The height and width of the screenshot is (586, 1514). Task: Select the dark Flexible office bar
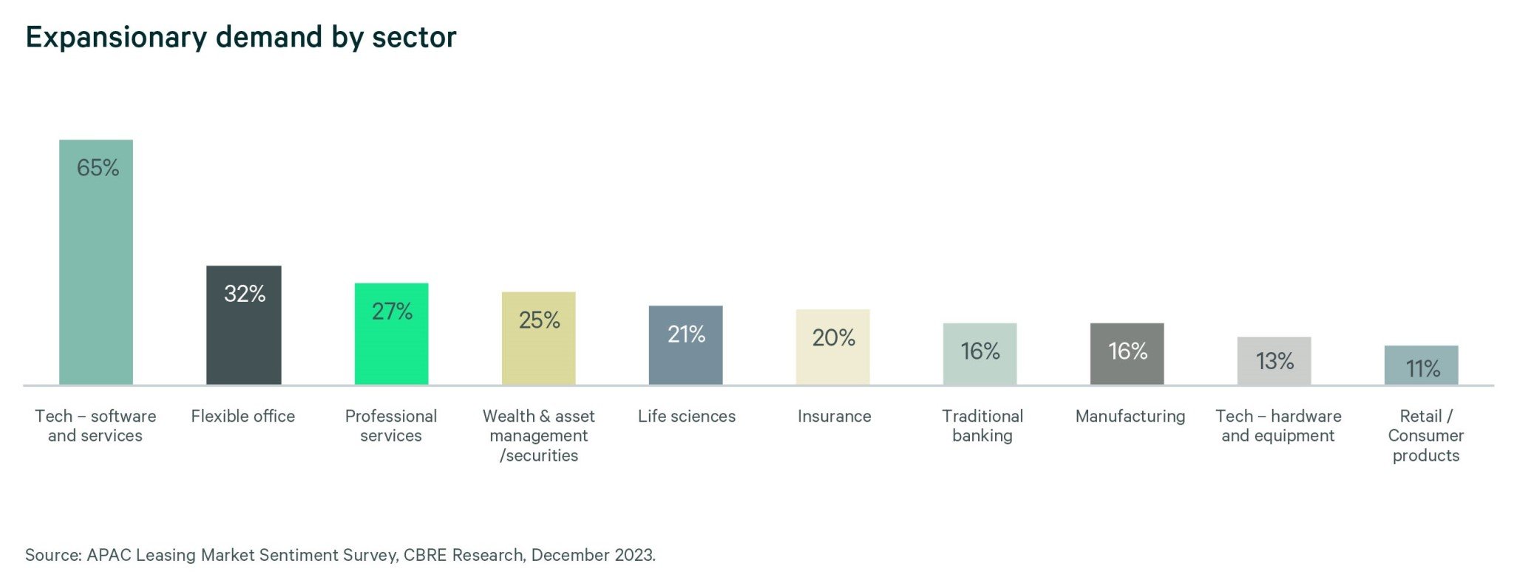(243, 333)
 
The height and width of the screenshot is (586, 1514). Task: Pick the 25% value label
(539, 320)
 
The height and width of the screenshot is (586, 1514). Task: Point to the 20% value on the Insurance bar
(833, 338)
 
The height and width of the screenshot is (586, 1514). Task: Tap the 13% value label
(1274, 361)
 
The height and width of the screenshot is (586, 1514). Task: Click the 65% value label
(98, 168)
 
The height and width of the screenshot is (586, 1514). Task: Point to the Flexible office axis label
(242, 417)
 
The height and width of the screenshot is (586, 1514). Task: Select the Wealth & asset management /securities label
(539, 436)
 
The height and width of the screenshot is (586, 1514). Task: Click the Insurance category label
(834, 417)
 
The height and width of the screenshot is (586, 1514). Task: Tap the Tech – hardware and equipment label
(1278, 426)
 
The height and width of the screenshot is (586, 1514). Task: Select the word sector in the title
(414, 37)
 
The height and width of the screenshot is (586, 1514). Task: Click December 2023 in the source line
(592, 555)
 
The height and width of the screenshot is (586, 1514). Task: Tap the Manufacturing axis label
(1130, 417)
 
